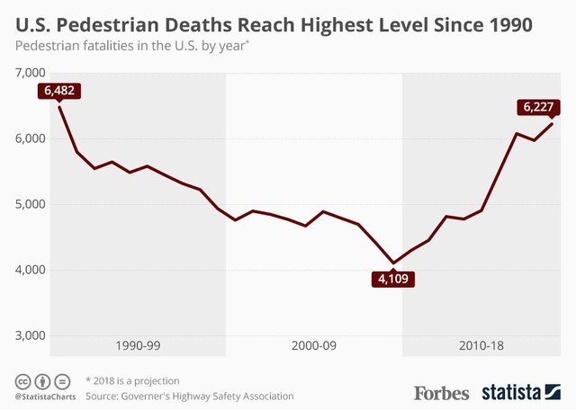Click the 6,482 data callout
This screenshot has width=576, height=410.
click(59, 91)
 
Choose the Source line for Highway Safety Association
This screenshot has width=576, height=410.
click(189, 396)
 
